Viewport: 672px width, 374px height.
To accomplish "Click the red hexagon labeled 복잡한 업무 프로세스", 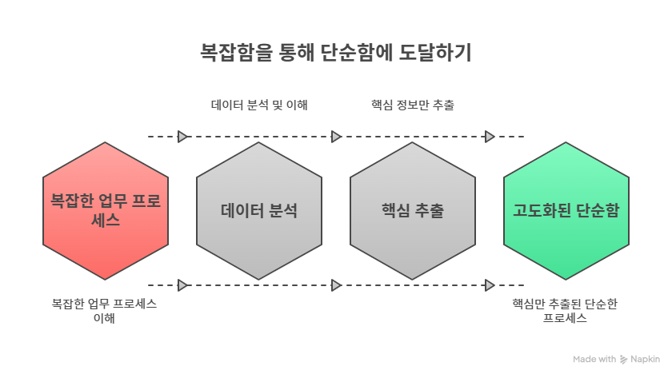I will (x=105, y=211).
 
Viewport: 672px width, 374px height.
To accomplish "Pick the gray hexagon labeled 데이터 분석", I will (x=259, y=211).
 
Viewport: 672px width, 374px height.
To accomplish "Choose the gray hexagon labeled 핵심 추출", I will (x=413, y=211).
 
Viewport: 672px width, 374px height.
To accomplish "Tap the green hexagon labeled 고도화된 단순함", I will (x=566, y=211).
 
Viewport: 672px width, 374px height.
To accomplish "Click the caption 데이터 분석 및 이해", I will (x=260, y=105).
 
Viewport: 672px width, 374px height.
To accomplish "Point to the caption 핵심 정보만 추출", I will (x=413, y=105).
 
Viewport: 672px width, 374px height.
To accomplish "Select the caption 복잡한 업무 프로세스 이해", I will (x=105, y=311).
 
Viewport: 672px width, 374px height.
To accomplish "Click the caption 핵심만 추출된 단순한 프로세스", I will (x=566, y=311).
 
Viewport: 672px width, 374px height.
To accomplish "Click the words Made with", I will (x=595, y=360).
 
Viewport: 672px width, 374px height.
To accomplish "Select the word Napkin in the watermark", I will (x=645, y=360).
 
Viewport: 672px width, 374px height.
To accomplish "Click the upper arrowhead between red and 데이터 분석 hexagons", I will (x=182, y=137).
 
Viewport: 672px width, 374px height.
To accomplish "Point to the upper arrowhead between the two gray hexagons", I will (x=336, y=137).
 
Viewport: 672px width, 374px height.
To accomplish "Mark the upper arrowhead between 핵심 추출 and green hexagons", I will (x=490, y=137).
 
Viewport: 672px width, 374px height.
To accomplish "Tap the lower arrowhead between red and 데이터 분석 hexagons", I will (x=182, y=284).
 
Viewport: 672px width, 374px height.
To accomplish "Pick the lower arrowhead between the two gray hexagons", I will (x=336, y=284).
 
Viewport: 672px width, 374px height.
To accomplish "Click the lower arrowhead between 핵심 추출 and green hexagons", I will (x=490, y=284).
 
